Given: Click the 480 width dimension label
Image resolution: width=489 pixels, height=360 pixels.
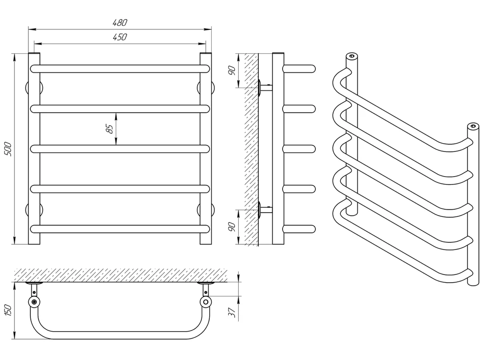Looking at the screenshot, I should (120, 22).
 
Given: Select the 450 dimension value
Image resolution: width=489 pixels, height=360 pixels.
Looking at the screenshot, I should (120, 37).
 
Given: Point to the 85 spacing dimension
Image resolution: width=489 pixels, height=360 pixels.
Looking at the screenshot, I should (110, 129).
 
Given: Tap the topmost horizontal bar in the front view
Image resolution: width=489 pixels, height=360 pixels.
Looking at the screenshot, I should (120, 69).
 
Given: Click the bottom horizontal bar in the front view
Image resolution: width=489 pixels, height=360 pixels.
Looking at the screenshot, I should (120, 228).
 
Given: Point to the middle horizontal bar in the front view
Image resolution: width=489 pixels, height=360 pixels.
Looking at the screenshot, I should (120, 149).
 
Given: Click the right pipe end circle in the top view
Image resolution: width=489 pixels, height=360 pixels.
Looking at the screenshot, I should (206, 302).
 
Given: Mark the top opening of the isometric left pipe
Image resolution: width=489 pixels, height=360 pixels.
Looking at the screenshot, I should (351, 55).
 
